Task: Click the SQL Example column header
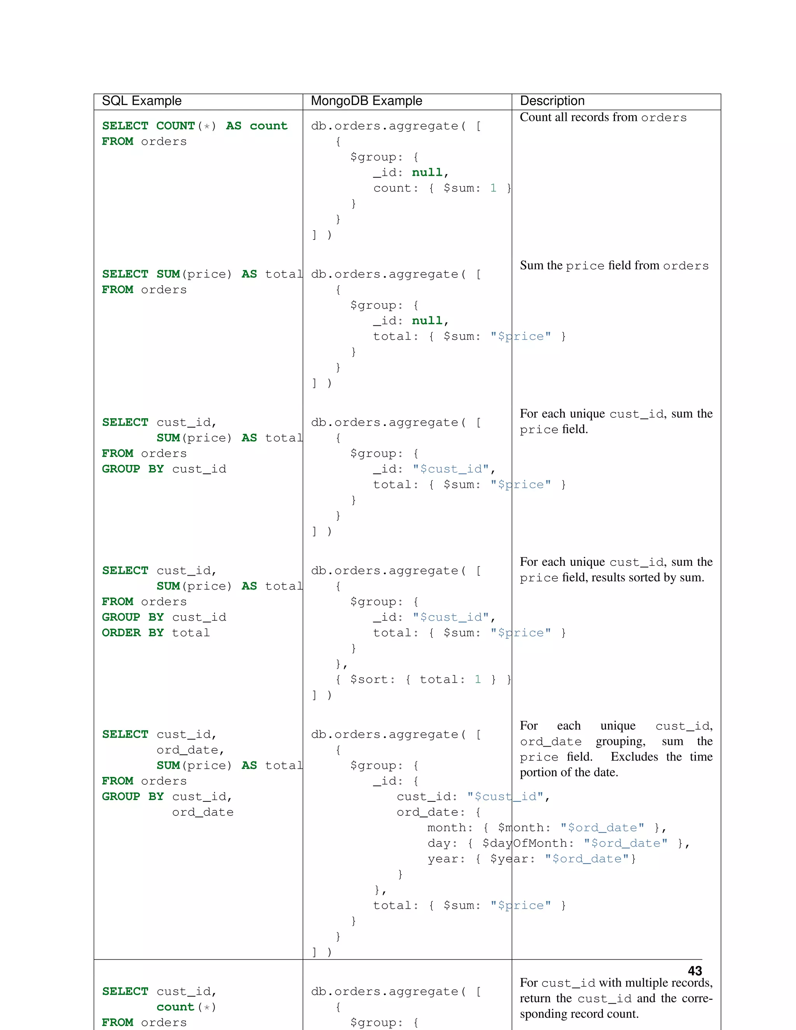point(141,101)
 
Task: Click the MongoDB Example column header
point(367,101)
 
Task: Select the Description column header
point(552,101)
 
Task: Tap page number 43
point(695,971)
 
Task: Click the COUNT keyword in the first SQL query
point(175,126)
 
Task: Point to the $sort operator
point(372,679)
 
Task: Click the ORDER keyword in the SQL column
point(121,633)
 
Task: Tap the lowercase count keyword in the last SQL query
point(175,1007)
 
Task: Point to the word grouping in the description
point(620,741)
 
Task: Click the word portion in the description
point(539,773)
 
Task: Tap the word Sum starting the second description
point(531,265)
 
